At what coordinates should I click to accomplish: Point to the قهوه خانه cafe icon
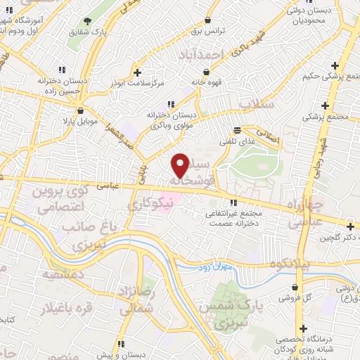point(205,71)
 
